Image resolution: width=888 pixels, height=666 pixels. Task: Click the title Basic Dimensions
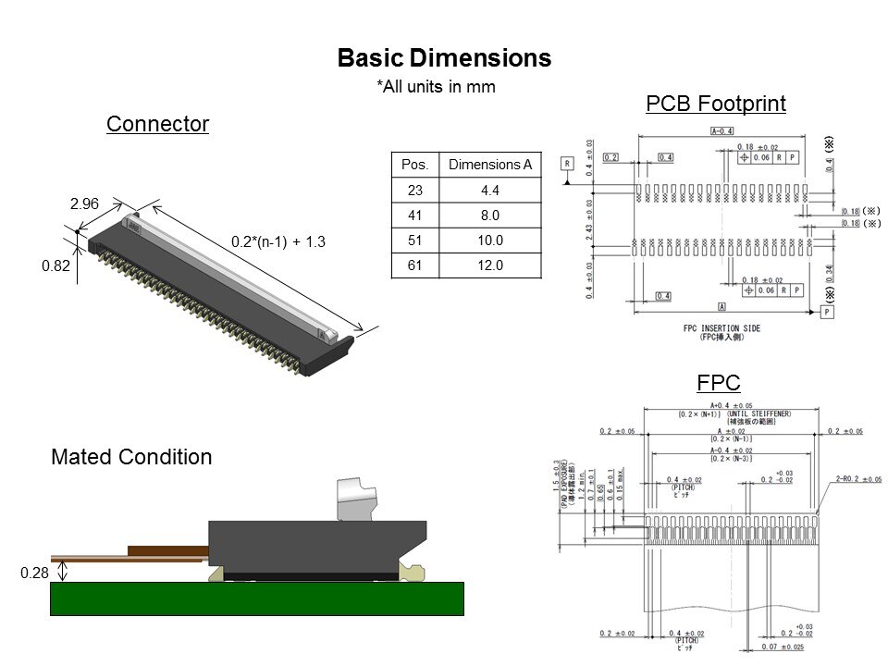[x=444, y=58]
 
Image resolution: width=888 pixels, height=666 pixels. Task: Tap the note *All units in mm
[x=436, y=87]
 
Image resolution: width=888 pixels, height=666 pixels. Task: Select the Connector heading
[x=157, y=124]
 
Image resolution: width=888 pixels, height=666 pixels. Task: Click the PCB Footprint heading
[x=715, y=104]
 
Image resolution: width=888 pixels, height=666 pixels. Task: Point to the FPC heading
[x=718, y=382]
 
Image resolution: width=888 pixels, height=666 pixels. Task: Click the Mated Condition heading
[x=131, y=457]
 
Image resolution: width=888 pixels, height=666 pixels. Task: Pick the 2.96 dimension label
[x=84, y=203]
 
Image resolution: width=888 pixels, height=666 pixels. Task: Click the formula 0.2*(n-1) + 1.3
[x=279, y=241]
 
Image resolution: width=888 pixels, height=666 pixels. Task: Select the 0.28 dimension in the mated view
[x=34, y=574]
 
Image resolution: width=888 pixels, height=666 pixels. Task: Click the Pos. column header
[x=415, y=165]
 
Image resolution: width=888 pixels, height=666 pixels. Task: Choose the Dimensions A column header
[x=489, y=165]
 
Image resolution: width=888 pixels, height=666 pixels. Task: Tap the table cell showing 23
[x=415, y=191]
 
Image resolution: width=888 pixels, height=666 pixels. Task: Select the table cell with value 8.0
[x=489, y=216]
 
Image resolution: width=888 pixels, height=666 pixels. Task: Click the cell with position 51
[x=415, y=240]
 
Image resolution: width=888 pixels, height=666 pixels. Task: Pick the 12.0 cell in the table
[x=489, y=265]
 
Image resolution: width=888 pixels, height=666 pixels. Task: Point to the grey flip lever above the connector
[x=360, y=499]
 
